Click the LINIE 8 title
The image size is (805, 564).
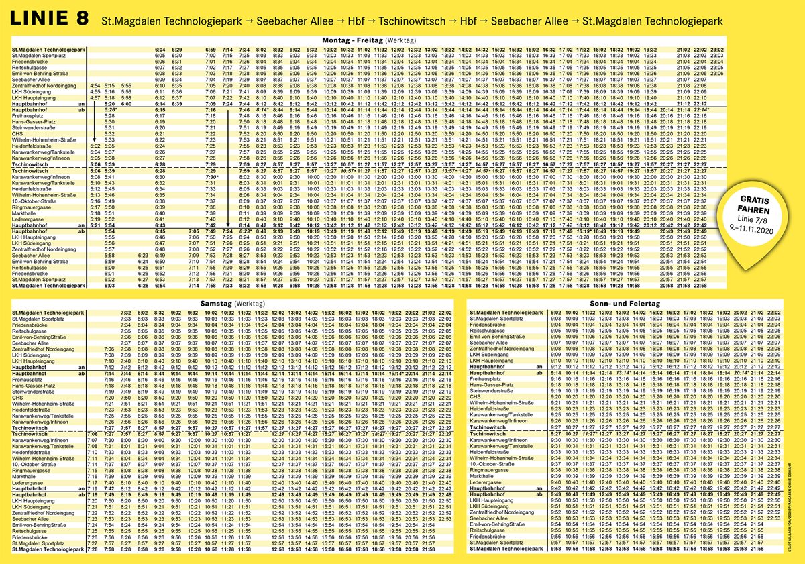[x=48, y=19]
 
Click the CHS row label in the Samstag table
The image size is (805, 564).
[x=18, y=396]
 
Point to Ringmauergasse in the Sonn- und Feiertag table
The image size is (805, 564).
[x=490, y=469]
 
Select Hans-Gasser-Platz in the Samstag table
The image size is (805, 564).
[x=34, y=385]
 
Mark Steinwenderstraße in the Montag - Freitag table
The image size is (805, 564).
[x=34, y=127]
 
